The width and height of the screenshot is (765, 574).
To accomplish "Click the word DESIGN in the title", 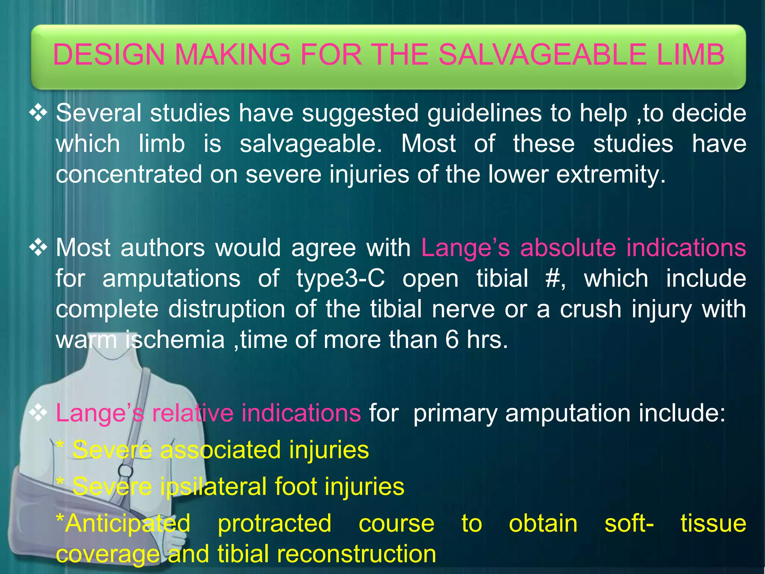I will coord(109,55).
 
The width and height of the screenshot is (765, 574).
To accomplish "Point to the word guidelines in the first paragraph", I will coord(484,113).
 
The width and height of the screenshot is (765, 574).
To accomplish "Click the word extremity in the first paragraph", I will coord(611,175).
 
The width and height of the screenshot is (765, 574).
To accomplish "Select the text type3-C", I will coord(340,278).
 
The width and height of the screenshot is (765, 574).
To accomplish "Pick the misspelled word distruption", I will coord(227,309).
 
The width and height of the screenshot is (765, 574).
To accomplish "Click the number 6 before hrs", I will coord(452,340).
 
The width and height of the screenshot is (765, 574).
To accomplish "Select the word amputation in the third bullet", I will coord(568,413).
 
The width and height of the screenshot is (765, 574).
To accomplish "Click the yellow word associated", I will coord(220,450).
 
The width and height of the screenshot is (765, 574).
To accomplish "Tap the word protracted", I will coord(275,523).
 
